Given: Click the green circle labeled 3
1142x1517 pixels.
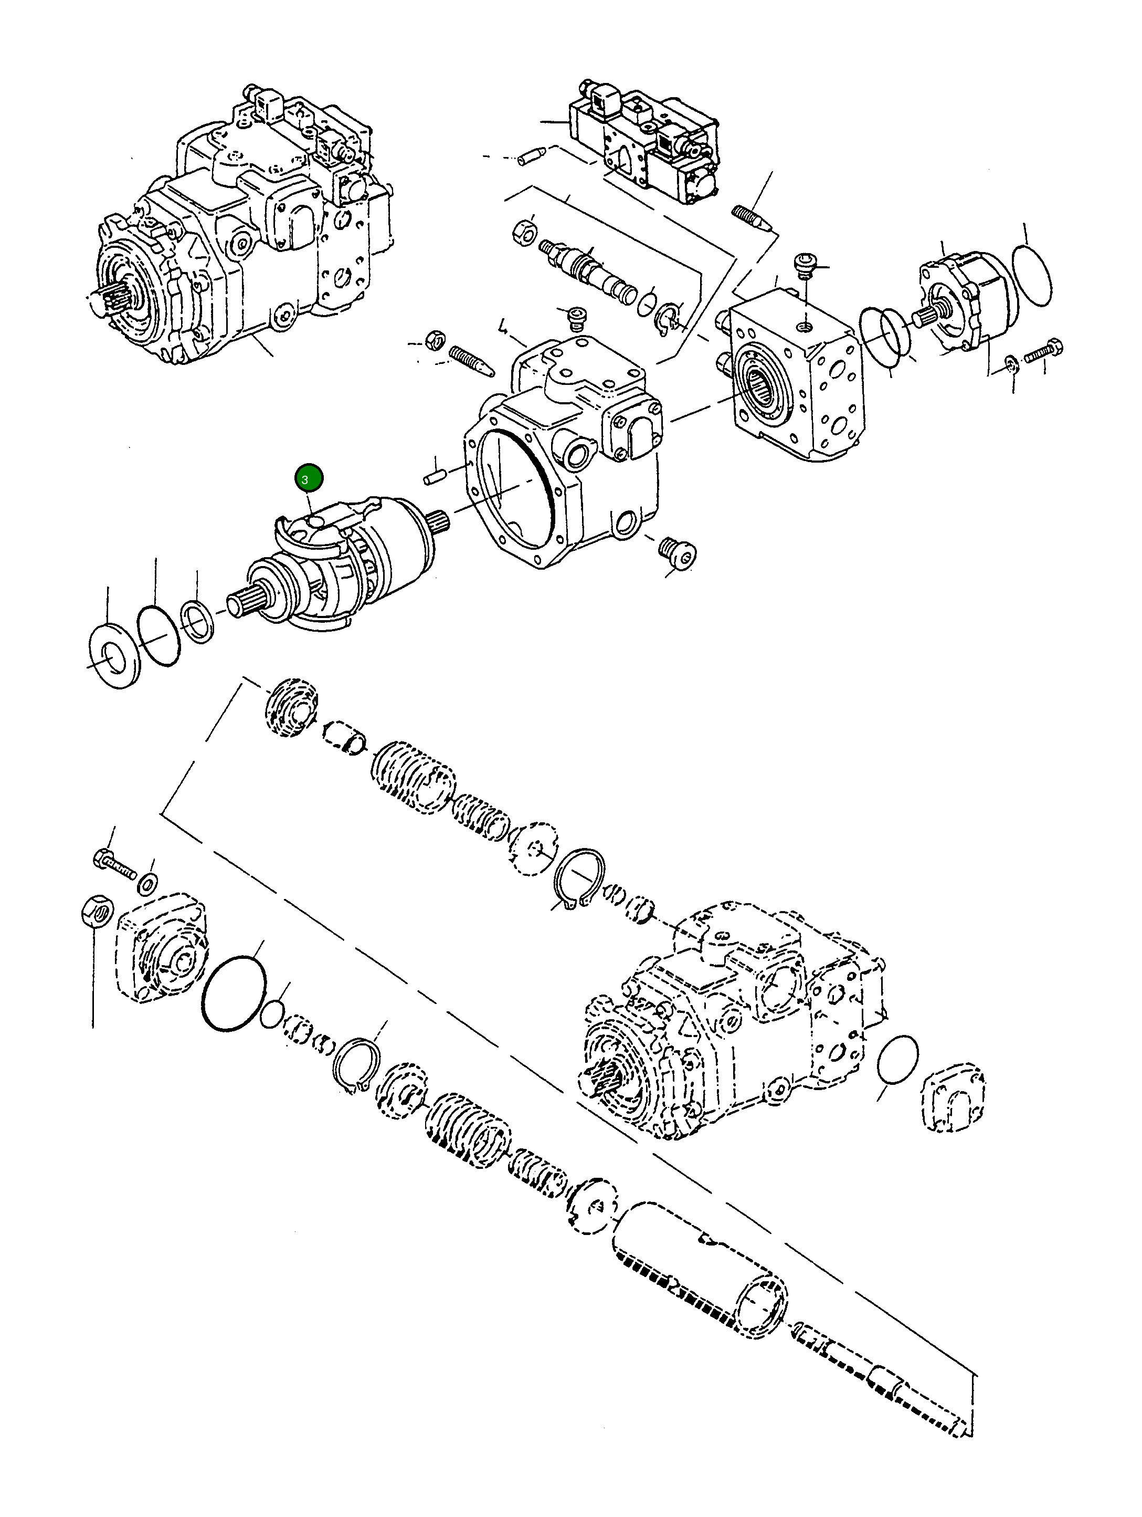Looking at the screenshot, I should [308, 478].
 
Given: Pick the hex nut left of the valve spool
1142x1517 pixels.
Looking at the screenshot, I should [523, 231].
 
